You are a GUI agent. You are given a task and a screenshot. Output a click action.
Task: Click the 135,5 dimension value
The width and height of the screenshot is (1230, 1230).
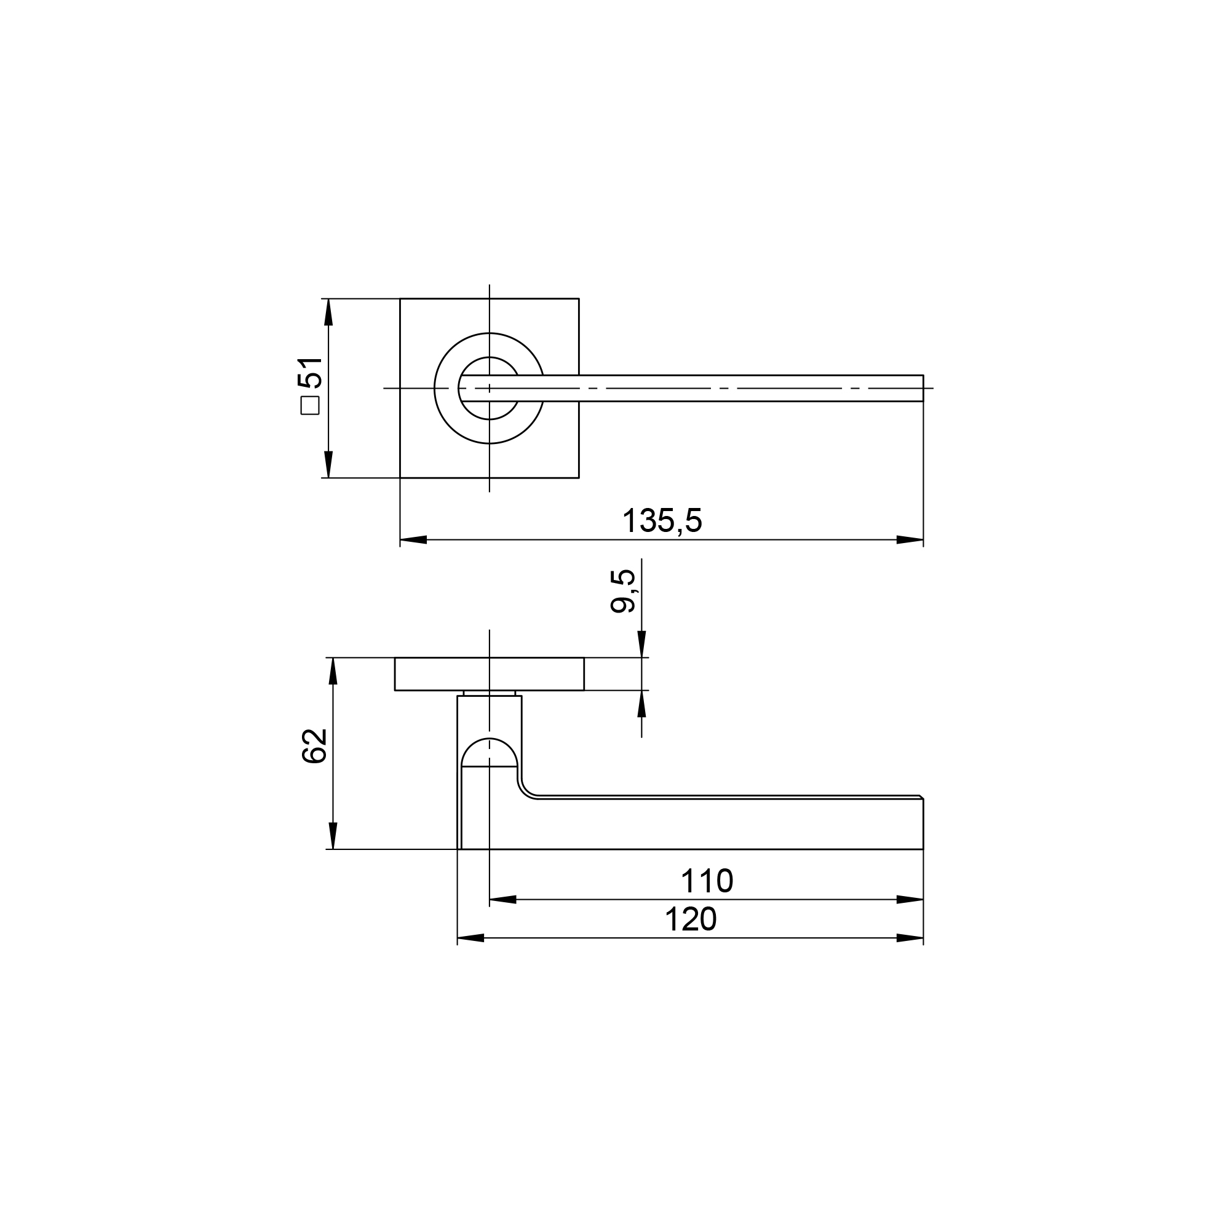coord(662,521)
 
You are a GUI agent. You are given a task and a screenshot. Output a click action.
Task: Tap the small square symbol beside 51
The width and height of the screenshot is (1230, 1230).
coord(310,405)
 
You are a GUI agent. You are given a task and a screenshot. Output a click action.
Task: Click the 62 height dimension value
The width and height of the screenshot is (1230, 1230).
coord(314,745)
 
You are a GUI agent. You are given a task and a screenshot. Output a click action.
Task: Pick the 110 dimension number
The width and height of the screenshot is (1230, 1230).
coord(707,882)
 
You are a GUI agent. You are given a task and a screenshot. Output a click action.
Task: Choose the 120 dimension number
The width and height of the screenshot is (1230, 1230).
coord(691,920)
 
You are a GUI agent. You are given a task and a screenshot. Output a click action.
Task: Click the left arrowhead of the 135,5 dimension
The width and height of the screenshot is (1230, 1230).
coord(413,540)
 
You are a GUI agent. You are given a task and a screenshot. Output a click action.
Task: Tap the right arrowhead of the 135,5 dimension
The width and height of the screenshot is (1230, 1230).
coord(910,540)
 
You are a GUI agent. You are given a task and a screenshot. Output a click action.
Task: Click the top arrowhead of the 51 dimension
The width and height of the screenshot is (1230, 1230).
coord(328,312)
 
